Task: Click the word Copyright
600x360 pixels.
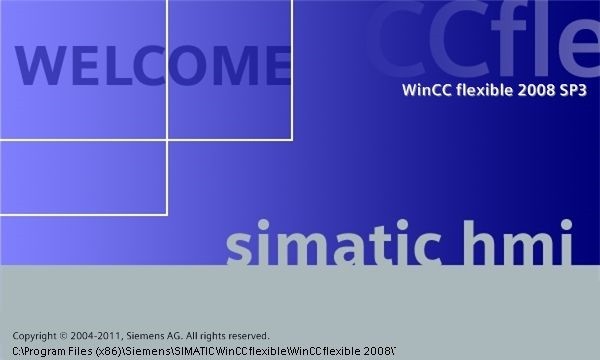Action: [35, 336]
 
